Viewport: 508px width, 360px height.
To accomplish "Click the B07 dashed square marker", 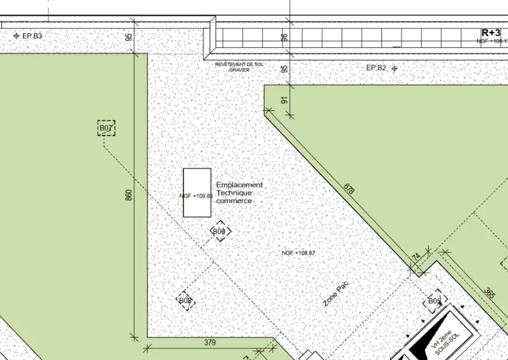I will [106, 128].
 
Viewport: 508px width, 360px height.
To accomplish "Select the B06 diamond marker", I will [220, 231].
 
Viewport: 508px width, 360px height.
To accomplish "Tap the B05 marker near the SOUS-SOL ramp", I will [434, 301].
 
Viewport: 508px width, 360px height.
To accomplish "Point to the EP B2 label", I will [376, 67].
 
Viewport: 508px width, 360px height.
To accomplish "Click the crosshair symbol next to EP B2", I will [395, 68].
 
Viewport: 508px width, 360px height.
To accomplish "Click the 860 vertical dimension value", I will [129, 196].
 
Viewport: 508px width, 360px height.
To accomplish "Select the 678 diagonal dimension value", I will [349, 189].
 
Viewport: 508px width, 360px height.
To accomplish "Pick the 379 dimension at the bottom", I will [210, 342].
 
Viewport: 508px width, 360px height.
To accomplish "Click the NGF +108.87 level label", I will [298, 253].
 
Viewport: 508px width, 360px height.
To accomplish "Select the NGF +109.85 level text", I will [196, 197].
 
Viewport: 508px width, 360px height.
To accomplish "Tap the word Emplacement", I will [240, 185].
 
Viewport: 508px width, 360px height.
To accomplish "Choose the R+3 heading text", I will [491, 32].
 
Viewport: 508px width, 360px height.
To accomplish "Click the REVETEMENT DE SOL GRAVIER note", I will [239, 67].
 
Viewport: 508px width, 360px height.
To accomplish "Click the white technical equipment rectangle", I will [197, 192].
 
